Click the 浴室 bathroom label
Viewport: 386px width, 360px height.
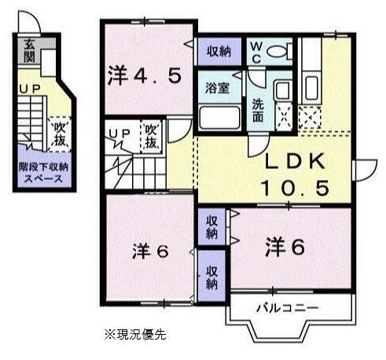tap(218, 88)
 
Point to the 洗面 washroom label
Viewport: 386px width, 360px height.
tap(258, 110)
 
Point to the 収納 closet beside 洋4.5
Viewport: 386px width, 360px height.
tap(219, 51)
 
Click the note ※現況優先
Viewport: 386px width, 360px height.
tap(141, 332)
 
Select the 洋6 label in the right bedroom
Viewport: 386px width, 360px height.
tap(284, 245)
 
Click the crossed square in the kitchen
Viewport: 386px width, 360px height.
tap(309, 118)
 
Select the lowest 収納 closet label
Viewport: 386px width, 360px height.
tap(211, 277)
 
